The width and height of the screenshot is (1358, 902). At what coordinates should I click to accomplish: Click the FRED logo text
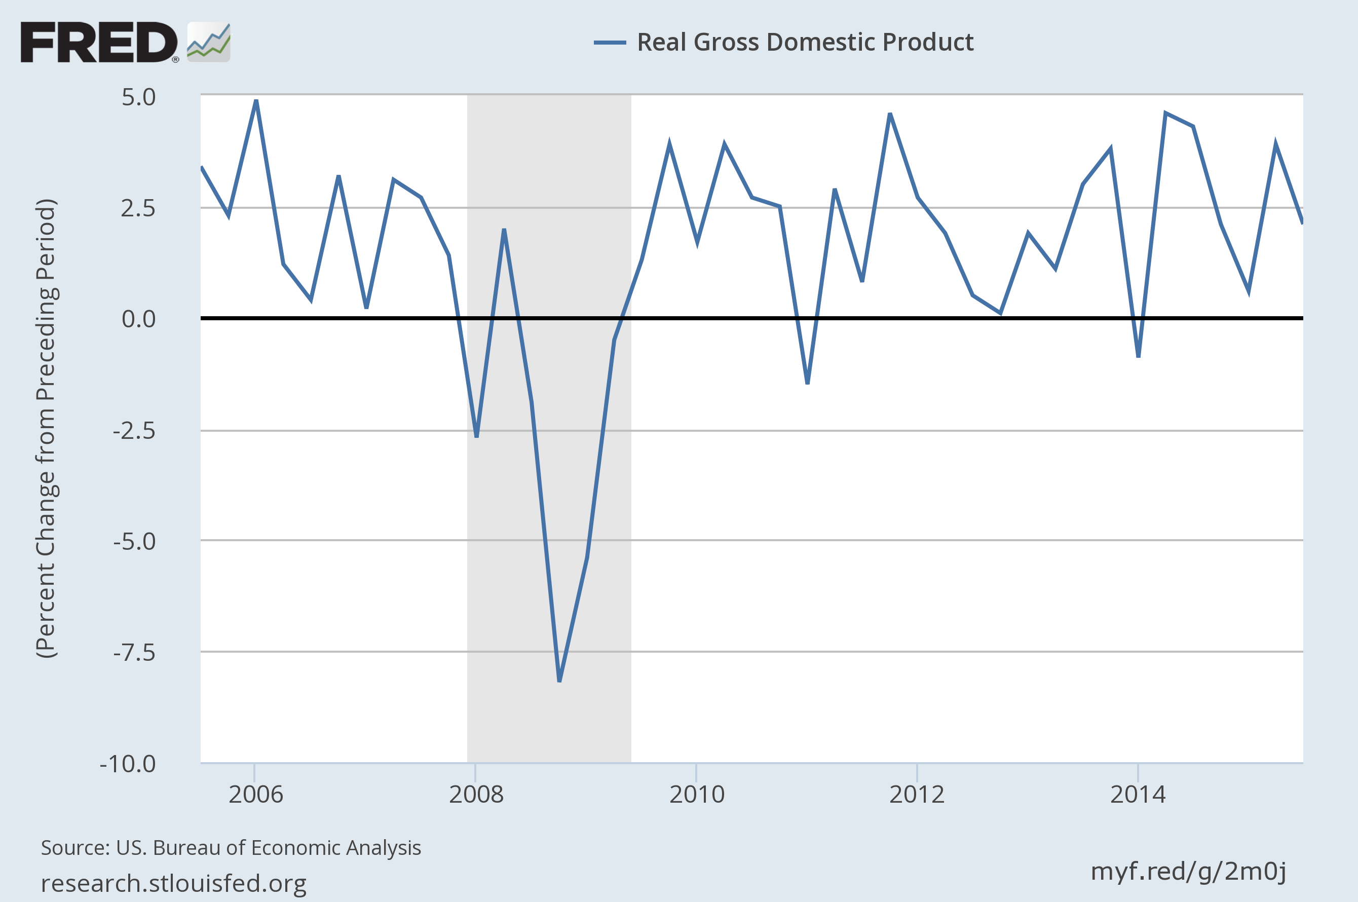[99, 42]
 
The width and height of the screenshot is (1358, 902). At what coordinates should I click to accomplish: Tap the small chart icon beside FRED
[209, 42]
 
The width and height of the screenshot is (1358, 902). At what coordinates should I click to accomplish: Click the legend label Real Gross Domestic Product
[805, 42]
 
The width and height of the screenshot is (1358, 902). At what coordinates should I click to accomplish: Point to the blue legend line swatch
[610, 42]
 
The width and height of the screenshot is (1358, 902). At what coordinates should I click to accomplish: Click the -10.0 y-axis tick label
[128, 764]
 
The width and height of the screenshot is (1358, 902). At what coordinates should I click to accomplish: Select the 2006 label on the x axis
[256, 795]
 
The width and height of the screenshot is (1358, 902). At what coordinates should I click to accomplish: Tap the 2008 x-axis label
[476, 795]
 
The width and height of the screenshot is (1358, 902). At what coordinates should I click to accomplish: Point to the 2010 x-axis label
[697, 795]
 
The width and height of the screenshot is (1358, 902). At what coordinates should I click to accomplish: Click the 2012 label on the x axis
[917, 795]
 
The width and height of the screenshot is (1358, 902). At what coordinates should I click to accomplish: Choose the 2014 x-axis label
[1138, 795]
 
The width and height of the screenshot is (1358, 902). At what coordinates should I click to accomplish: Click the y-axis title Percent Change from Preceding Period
[46, 429]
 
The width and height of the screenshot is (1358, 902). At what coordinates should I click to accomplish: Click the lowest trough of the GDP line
[559, 681]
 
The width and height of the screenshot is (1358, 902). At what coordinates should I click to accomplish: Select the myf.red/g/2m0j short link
[1188, 871]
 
